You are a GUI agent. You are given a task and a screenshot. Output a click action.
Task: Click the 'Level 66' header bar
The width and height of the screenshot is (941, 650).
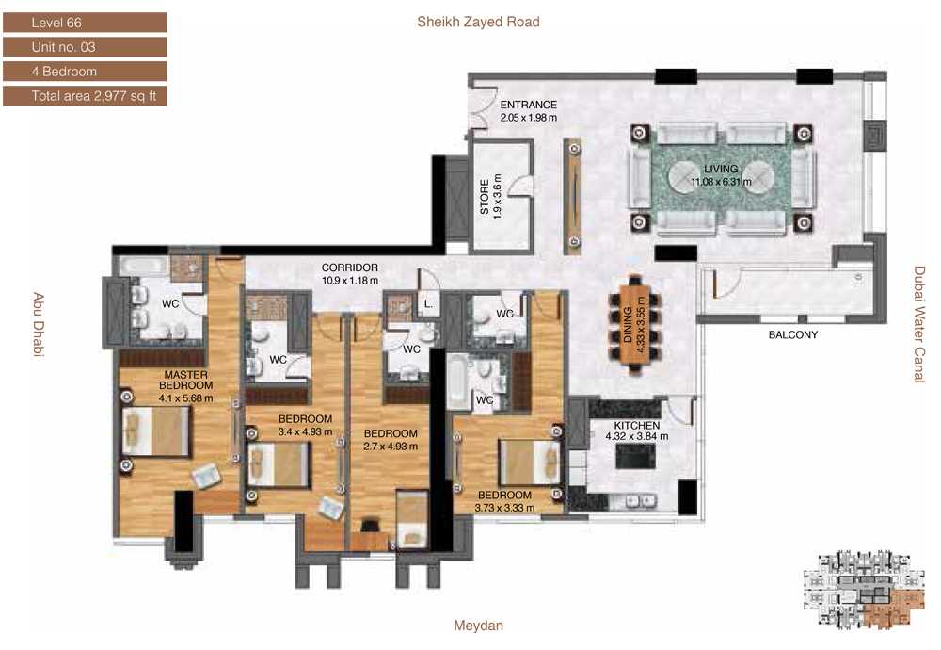point(85,23)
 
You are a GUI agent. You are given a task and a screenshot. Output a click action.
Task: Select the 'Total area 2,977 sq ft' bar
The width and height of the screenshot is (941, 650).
point(85,96)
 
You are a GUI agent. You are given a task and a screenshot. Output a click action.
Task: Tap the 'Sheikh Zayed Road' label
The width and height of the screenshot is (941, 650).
point(478,23)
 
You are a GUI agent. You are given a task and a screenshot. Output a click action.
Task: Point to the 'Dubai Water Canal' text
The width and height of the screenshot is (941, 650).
point(918,324)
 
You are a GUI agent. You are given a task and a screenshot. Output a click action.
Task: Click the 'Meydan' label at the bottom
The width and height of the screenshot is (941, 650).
point(478,626)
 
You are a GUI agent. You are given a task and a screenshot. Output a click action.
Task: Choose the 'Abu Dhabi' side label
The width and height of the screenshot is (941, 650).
point(38,324)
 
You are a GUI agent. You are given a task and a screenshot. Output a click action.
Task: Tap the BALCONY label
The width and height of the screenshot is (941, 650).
point(792,334)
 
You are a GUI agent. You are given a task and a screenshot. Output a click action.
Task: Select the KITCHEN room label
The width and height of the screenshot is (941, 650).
point(637,425)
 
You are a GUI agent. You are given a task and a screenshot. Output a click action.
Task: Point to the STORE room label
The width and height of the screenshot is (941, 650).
point(485,197)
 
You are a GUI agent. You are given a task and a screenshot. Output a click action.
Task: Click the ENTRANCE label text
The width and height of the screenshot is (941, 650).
point(528,105)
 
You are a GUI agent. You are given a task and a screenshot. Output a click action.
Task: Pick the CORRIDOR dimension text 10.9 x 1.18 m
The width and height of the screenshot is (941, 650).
point(350,280)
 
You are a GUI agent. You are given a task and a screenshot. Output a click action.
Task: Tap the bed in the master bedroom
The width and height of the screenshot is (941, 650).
point(156,431)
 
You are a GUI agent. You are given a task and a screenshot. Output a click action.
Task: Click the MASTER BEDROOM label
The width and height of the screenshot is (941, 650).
point(185,380)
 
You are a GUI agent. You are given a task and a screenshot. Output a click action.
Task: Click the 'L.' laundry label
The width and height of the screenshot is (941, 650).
point(428,304)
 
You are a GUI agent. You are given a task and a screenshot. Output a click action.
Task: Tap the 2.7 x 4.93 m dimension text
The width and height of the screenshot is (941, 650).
point(391,447)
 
